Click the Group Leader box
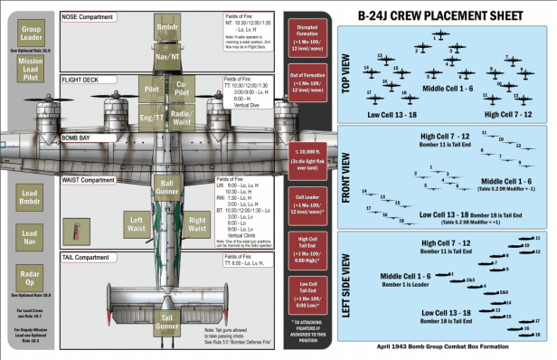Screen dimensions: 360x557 (x=30, y=34)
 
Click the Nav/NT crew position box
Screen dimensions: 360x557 (x=169, y=56)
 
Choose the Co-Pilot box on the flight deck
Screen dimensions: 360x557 (x=181, y=89)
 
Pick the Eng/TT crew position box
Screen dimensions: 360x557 (x=152, y=118)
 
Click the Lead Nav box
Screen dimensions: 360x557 (x=30, y=237)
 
